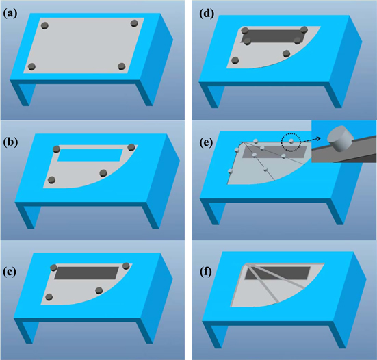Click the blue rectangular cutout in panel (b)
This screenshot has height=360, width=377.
point(93,154)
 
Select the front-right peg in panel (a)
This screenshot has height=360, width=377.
point(121,66)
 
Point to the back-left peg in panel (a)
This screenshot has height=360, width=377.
point(45,25)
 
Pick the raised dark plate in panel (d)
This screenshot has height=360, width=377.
point(272,36)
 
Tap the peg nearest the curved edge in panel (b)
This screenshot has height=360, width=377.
point(103,173)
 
